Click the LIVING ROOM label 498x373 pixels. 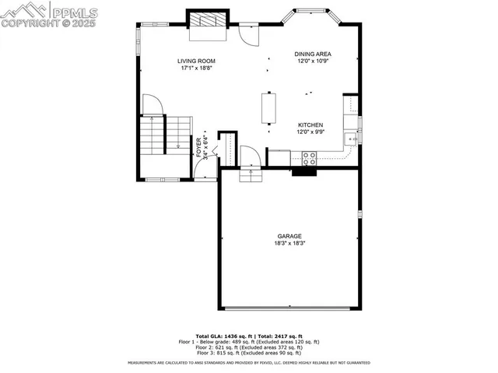(196, 61)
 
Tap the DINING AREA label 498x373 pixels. (313, 55)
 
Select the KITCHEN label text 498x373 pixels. (310, 125)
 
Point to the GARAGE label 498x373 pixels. (289, 236)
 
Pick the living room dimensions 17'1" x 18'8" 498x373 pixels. (196, 68)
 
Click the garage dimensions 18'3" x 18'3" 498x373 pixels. (289, 243)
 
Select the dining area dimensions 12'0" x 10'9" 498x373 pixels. (313, 62)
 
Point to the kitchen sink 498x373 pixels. (352, 139)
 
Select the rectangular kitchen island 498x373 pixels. (269, 108)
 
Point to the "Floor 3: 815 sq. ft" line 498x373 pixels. (249, 353)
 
